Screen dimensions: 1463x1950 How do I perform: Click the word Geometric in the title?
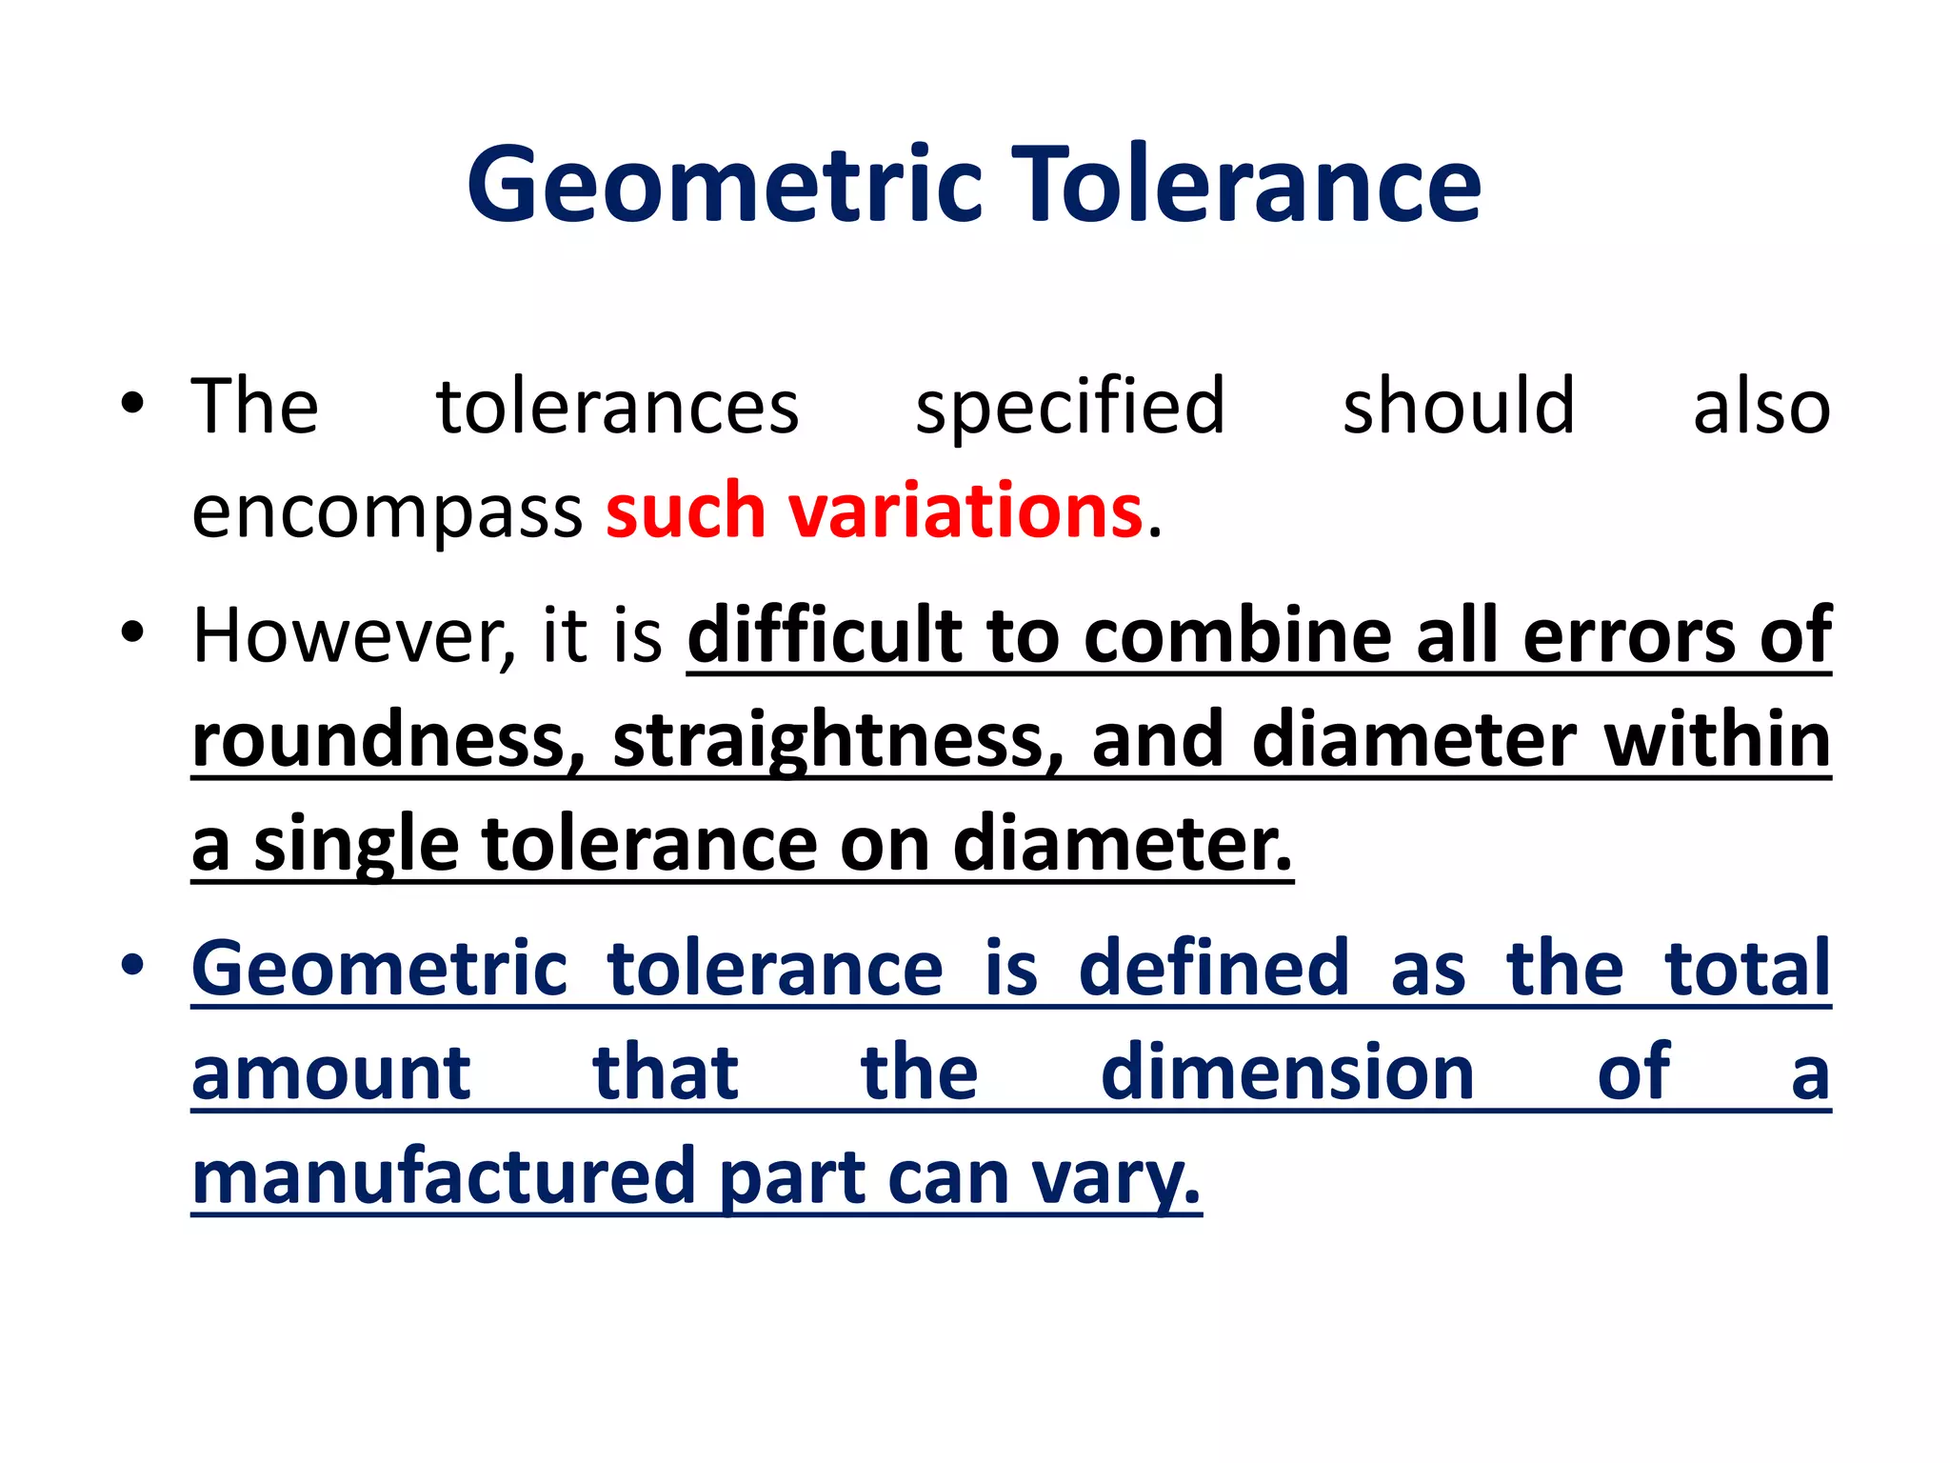(x=724, y=186)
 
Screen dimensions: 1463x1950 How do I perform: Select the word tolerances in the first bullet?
(x=617, y=408)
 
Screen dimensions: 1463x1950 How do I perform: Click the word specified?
(x=1069, y=408)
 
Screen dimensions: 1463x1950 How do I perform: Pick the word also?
(x=1761, y=408)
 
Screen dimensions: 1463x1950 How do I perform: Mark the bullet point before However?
(x=132, y=632)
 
